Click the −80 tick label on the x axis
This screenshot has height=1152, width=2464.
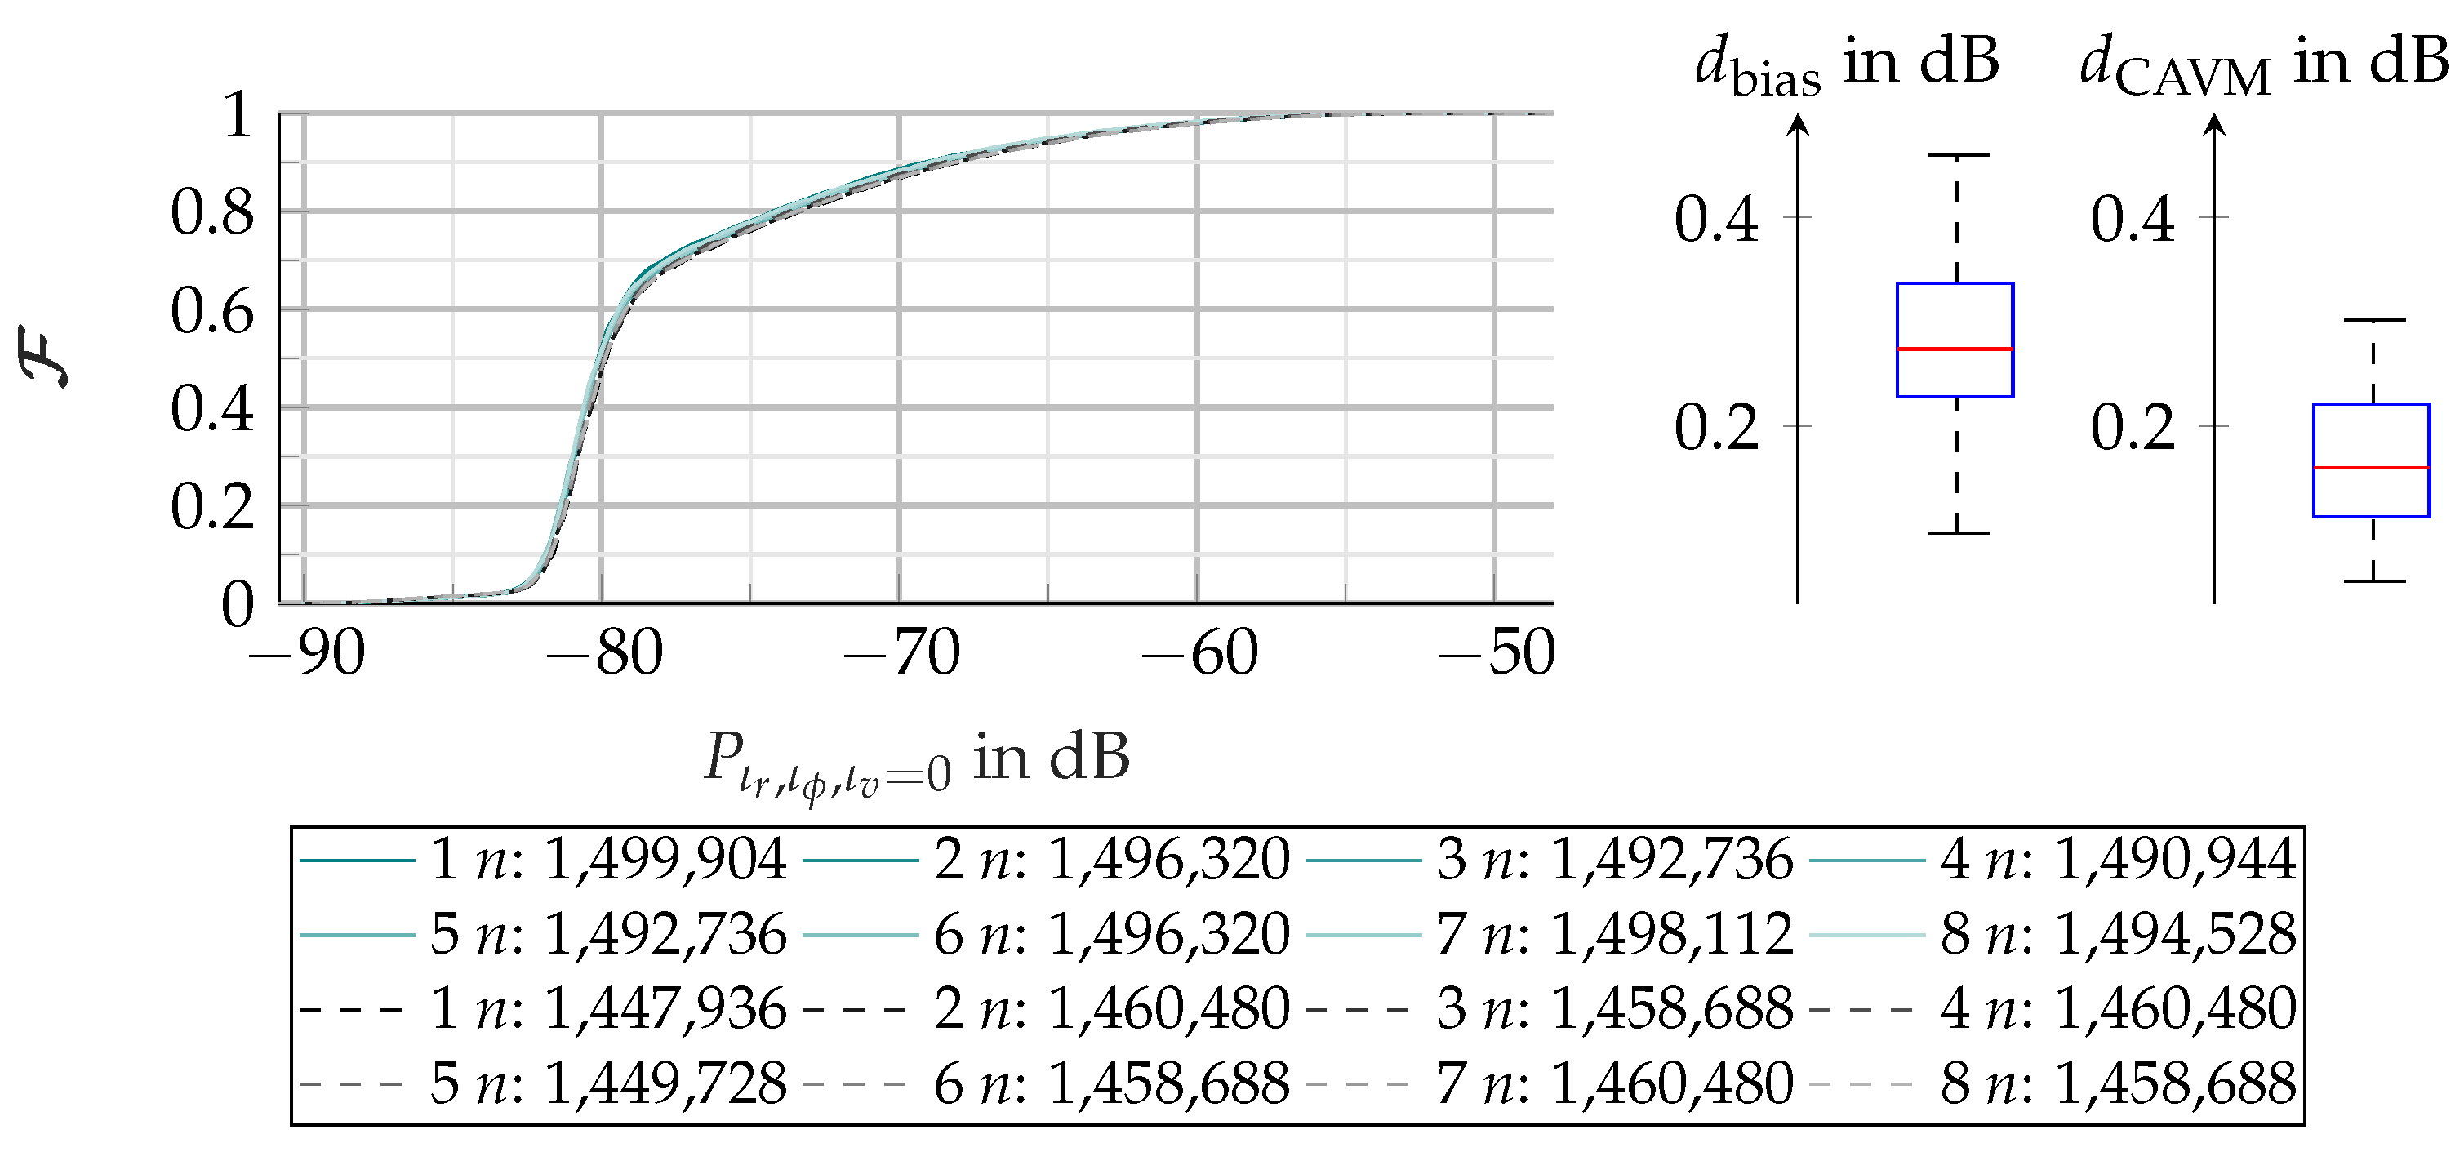click(604, 655)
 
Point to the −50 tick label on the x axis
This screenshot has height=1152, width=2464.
click(1497, 655)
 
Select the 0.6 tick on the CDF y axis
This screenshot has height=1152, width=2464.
click(212, 311)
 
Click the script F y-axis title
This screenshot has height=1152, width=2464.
click(45, 356)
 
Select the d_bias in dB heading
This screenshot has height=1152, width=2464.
click(1846, 65)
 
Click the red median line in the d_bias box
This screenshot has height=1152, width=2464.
click(1955, 349)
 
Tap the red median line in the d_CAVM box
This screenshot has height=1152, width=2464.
click(2371, 468)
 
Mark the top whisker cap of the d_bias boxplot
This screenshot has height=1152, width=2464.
click(1957, 155)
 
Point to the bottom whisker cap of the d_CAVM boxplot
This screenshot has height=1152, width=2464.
click(2373, 580)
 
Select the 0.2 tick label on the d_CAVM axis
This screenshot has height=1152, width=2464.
click(2132, 428)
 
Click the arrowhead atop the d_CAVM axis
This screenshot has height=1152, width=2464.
click(2215, 124)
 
